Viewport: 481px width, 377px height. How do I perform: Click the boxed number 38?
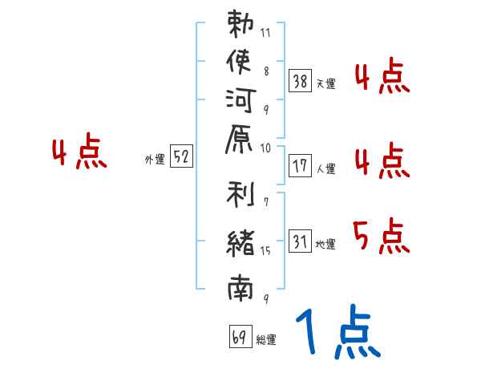click(x=300, y=80)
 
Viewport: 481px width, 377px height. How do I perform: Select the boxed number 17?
click(x=300, y=166)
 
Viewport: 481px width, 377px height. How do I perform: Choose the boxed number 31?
click(x=300, y=241)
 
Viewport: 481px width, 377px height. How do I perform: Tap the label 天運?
click(x=325, y=83)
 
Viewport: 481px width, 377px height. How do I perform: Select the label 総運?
click(x=266, y=339)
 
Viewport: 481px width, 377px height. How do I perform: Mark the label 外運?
click(x=154, y=160)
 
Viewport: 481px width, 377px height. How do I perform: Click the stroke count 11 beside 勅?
click(x=265, y=34)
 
